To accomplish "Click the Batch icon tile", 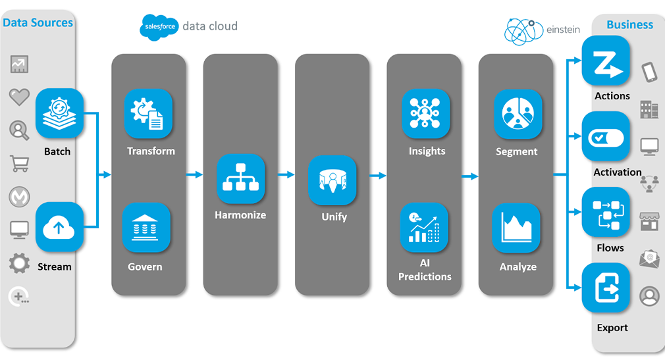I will (x=59, y=113).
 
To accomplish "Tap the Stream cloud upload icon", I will (x=59, y=227).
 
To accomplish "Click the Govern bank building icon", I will (x=146, y=227).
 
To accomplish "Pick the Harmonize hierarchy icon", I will (x=240, y=178).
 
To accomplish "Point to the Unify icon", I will (x=332, y=180).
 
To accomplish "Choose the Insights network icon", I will (x=425, y=113).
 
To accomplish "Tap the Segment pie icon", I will (x=518, y=113).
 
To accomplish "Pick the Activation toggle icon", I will (x=606, y=136).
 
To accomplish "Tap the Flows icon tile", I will (x=606, y=212).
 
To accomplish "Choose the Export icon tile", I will (x=606, y=288).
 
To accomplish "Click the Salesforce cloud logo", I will (x=159, y=27).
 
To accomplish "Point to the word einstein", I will (x=563, y=30).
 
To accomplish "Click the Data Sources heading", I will (x=38, y=23).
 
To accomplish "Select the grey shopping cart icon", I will (x=20, y=163).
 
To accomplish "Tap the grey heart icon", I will (x=19, y=97).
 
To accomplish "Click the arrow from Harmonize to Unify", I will (x=286, y=175).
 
